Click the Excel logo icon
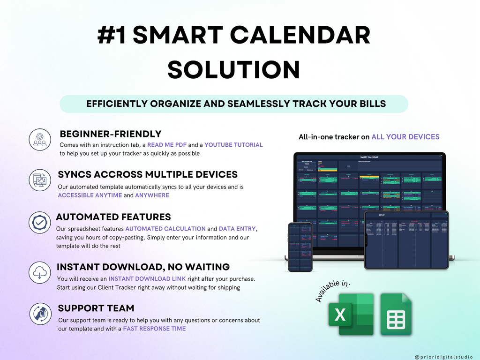point(351,314)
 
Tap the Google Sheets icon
point(396,314)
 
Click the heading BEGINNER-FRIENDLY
point(111,134)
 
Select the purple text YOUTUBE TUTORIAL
point(233,145)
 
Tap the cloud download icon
point(39,272)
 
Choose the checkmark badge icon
point(39,222)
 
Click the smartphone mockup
point(300,247)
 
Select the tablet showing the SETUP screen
point(406,240)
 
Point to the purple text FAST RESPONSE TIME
point(154,329)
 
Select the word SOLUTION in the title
point(233,69)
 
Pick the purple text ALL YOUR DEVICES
point(405,137)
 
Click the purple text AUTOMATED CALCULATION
point(165,229)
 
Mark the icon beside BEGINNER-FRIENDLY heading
point(39,139)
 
